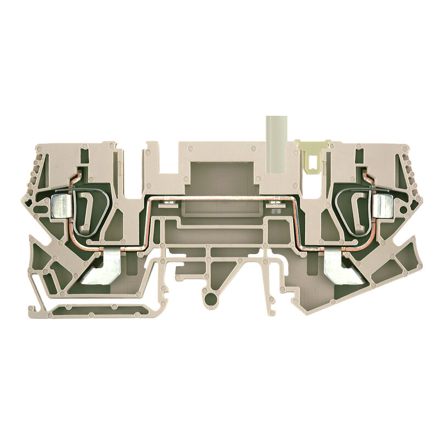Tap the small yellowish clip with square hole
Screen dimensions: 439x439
[x=312, y=155]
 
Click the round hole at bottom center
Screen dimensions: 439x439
[x=210, y=298]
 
